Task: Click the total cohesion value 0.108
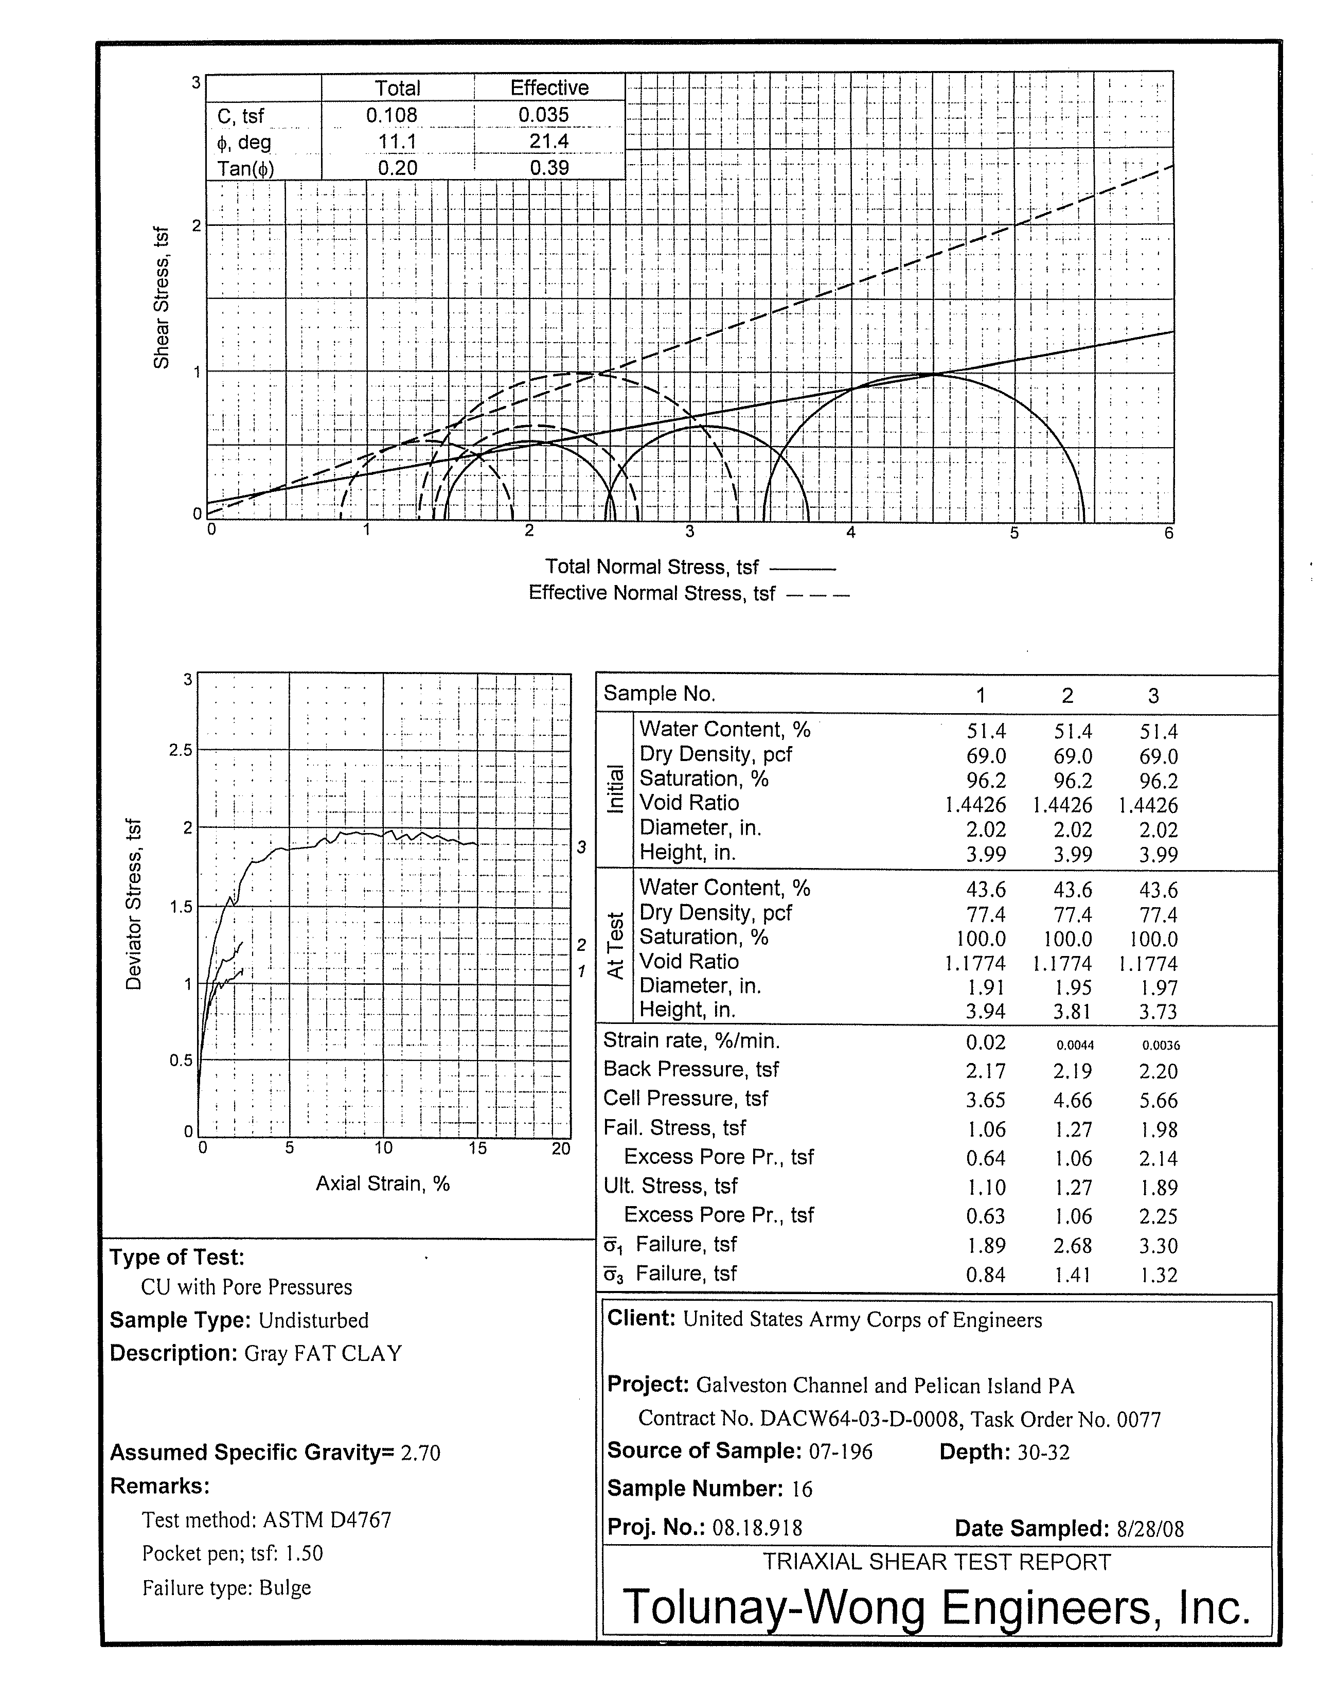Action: point(392,115)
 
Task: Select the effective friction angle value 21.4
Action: point(549,141)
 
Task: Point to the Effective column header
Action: point(549,88)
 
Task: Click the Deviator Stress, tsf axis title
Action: point(134,904)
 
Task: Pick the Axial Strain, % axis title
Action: point(383,1183)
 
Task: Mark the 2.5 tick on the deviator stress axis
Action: point(181,750)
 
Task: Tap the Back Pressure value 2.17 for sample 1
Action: point(985,1071)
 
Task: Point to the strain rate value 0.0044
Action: point(1075,1046)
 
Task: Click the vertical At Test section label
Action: point(615,945)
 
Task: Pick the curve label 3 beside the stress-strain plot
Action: point(581,847)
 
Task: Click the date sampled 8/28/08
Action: point(1150,1529)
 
